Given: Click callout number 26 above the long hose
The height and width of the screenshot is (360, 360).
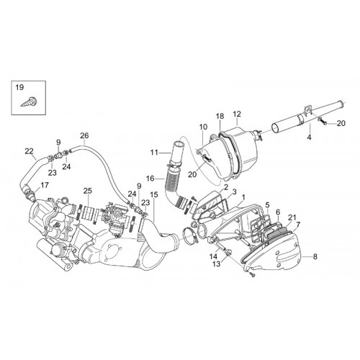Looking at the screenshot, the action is pyautogui.click(x=84, y=135).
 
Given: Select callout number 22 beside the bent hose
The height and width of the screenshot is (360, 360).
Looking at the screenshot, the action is pyautogui.click(x=30, y=151).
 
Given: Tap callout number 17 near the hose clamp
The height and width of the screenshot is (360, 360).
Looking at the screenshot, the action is pyautogui.click(x=45, y=185).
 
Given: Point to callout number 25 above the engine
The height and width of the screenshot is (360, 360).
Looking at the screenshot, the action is pyautogui.click(x=88, y=191).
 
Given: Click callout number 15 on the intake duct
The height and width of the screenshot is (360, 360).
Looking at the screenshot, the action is pyautogui.click(x=154, y=194).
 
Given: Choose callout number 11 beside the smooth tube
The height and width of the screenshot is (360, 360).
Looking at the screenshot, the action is pyautogui.click(x=155, y=152).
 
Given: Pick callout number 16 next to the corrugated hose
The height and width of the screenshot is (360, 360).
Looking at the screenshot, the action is pyautogui.click(x=150, y=179).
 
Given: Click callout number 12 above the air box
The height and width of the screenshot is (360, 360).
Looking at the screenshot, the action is pyautogui.click(x=237, y=114).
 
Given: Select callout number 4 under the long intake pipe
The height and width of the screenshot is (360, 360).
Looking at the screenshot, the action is pyautogui.click(x=309, y=138).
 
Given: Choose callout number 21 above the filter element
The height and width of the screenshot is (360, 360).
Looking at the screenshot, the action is pyautogui.click(x=292, y=217).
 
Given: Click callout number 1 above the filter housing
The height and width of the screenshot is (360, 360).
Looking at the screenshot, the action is pyautogui.click(x=243, y=197).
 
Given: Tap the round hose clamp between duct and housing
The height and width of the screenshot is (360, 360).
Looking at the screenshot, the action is pyautogui.click(x=189, y=235).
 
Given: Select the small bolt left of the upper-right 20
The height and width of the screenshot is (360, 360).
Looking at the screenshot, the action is pyautogui.click(x=322, y=121).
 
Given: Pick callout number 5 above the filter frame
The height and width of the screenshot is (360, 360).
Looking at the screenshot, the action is pyautogui.click(x=268, y=204).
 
